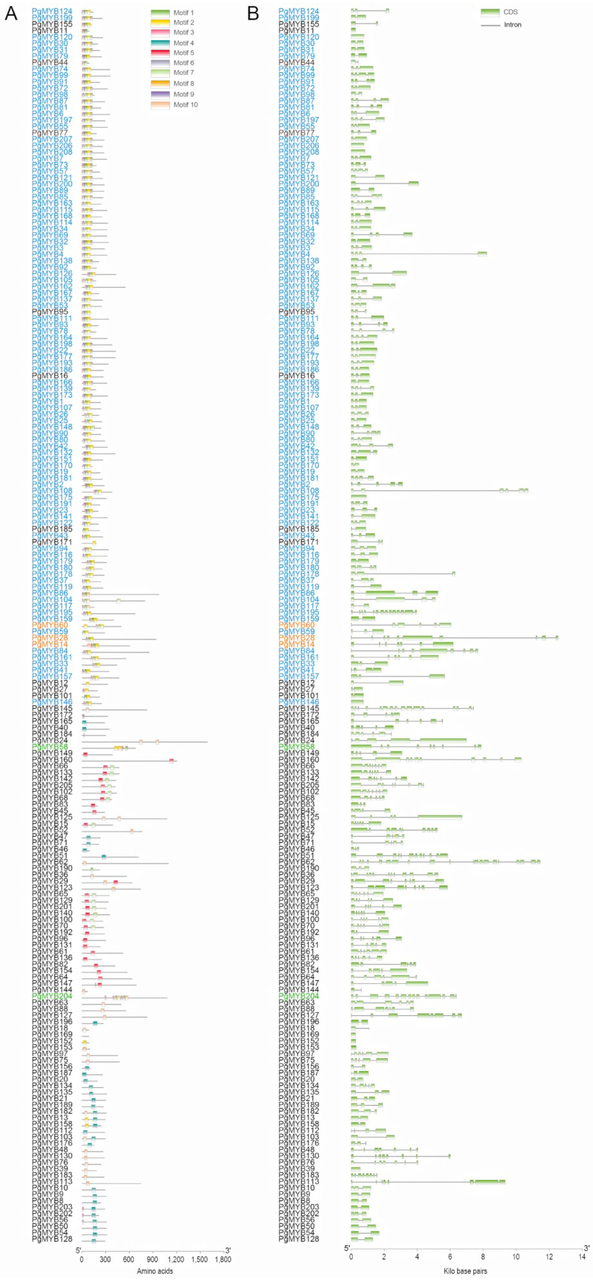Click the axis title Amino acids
[155, 1271]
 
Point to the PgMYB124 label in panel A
[52, 11]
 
